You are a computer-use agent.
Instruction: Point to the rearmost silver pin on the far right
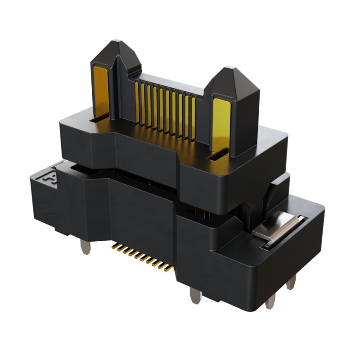tap(292, 282)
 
